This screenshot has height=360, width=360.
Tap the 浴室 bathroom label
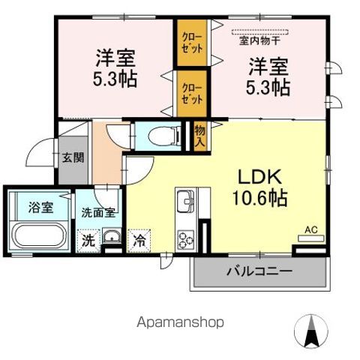click(41, 207)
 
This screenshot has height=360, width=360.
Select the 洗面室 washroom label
click(98, 212)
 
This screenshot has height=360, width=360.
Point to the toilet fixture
click(162, 136)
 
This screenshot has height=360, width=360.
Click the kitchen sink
click(185, 202)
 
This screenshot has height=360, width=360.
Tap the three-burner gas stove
click(186, 241)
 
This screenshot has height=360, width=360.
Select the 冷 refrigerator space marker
click(140, 241)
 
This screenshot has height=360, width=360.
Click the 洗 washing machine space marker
click(88, 241)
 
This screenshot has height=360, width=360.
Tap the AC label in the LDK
click(310, 229)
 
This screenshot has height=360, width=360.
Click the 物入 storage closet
click(200, 136)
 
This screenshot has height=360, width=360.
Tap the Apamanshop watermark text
click(180, 322)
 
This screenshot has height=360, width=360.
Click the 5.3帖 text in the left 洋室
click(115, 78)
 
